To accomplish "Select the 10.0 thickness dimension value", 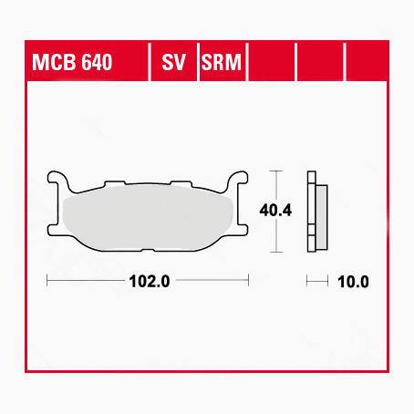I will (x=353, y=282).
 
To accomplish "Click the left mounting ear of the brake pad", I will (x=57, y=181).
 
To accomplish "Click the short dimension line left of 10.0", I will (x=317, y=282).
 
